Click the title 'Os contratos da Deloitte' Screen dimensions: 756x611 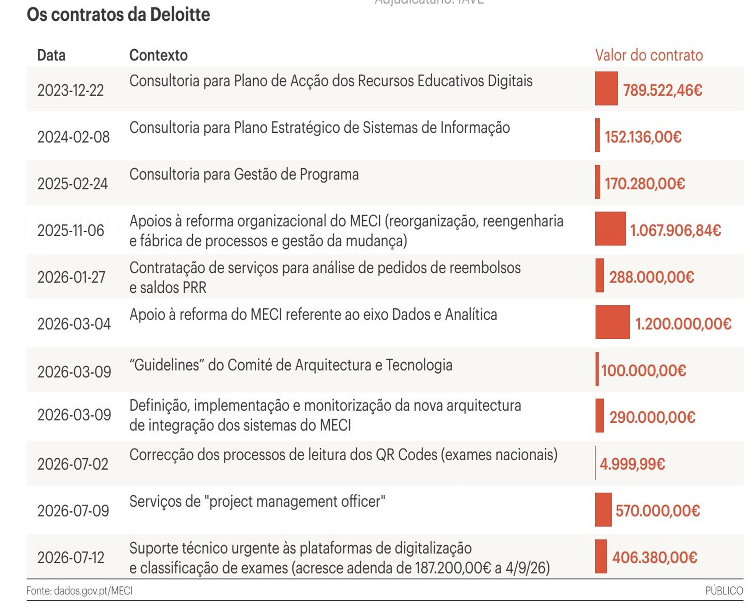coord(118,15)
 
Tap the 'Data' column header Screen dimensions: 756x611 coord(51,55)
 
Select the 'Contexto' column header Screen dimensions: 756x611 coord(158,55)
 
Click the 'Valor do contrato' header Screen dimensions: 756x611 coord(649,55)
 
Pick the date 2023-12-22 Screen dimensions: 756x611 coord(71,91)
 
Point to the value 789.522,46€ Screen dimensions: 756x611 coord(663,91)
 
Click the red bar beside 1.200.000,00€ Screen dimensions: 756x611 coord(612,322)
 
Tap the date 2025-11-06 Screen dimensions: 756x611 coord(71,231)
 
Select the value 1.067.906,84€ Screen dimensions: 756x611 coord(675,231)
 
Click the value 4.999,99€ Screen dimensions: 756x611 coord(632,464)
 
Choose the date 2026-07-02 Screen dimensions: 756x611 coord(73,464)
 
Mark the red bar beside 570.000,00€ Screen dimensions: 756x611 coord(603,509)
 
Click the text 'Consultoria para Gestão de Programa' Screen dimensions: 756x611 coord(244,174)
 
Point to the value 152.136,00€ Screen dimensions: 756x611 coord(643,137)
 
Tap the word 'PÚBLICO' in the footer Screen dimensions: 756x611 coord(724,591)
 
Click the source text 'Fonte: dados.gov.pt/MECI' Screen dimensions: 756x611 coord(80,591)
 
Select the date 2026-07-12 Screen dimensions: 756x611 coord(71,558)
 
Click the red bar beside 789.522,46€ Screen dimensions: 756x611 coord(606,88)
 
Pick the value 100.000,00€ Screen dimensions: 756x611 coord(644,371)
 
